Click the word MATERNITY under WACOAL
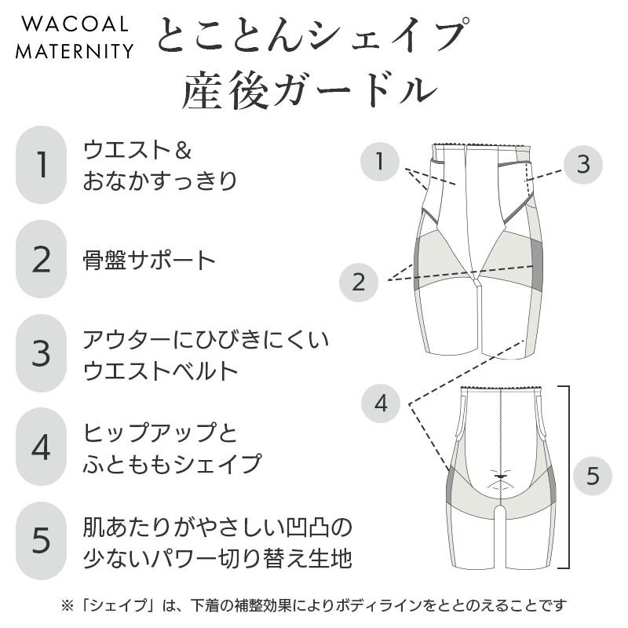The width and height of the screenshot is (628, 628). (75, 51)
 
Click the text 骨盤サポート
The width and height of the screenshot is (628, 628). (148, 260)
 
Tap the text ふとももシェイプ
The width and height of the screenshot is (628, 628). (172, 463)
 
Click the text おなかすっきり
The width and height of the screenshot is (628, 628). (160, 181)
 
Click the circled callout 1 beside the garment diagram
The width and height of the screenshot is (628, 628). (381, 162)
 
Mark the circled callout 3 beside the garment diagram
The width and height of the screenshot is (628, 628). (582, 164)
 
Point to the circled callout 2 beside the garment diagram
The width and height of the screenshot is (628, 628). (359, 282)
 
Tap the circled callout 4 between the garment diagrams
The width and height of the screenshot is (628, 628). (381, 403)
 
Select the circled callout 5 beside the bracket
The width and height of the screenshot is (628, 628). (593, 475)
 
